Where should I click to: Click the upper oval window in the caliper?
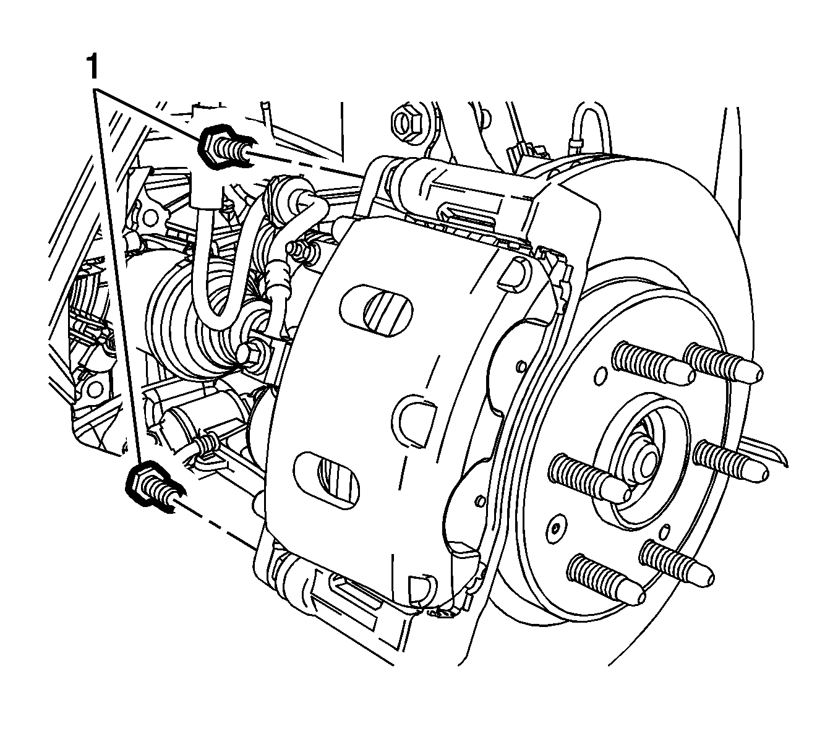coord(376,311)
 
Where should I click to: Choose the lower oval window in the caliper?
coord(328,480)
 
